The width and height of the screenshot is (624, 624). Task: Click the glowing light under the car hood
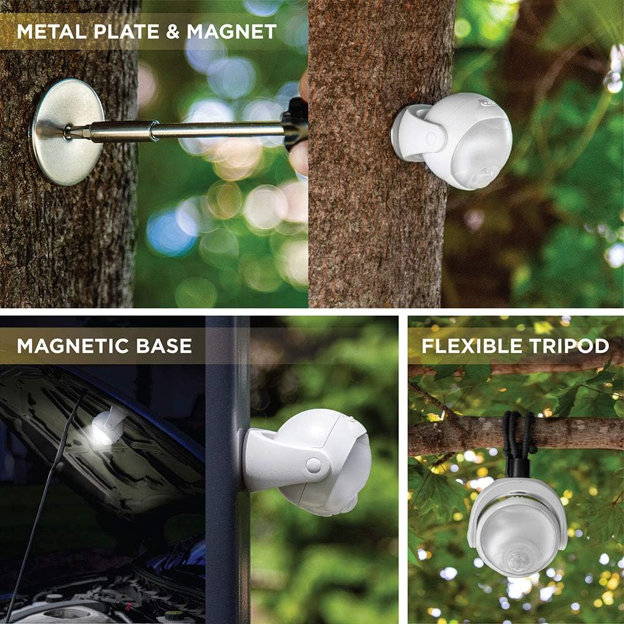coord(104,431)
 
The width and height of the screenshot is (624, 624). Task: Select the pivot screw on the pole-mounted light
coord(314,464)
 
